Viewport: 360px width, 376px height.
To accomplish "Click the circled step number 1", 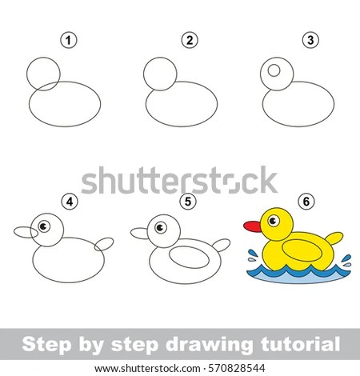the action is coord(69,40).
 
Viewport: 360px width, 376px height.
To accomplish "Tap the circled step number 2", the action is coord(190,40).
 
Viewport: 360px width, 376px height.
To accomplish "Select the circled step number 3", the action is coord(310,40).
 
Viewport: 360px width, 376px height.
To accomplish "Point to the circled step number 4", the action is coord(70,202).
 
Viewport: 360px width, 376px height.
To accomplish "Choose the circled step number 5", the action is coord(188,202).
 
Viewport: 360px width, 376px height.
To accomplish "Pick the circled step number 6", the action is coord(306,202).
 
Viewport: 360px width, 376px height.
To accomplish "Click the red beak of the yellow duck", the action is coord(252,226).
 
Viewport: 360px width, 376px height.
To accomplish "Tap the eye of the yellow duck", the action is coord(274,221).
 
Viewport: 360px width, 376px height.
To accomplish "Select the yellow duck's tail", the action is coord(334,238).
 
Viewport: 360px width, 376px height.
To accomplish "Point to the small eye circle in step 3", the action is coord(274,70).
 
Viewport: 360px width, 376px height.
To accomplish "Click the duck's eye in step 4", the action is coord(44,226).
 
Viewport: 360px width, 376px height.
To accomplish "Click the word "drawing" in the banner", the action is coord(209,345).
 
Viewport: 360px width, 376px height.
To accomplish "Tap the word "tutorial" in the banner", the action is coord(301,344).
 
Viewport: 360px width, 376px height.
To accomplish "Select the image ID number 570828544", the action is coord(237,369).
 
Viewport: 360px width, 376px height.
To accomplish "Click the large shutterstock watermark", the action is coord(179,180).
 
